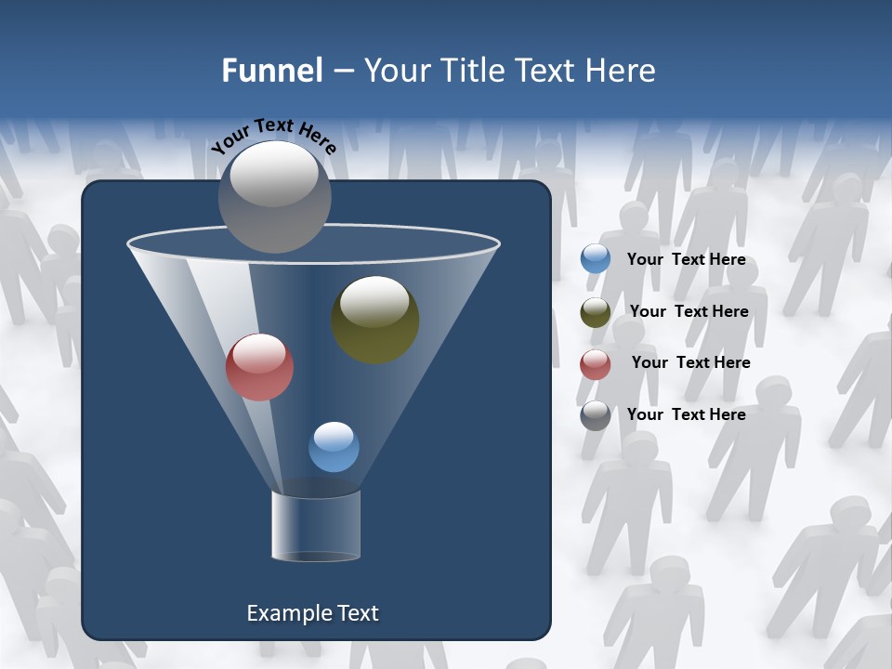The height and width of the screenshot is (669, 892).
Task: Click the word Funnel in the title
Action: click(x=271, y=71)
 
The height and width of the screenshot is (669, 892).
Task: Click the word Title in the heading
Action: click(x=473, y=71)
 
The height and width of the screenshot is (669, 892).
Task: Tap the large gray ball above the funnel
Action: click(x=275, y=196)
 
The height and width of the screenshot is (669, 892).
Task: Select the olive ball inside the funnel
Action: click(x=375, y=320)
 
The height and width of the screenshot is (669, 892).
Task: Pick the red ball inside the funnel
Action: click(x=260, y=367)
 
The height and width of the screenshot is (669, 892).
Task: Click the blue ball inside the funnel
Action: click(x=334, y=447)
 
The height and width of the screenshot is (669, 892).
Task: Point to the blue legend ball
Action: click(x=596, y=259)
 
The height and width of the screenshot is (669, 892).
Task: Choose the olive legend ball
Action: click(x=596, y=312)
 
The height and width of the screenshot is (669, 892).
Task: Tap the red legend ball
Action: click(x=596, y=364)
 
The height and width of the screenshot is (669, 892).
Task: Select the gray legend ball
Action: click(x=596, y=415)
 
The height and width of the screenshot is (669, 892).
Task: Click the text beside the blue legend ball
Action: click(x=686, y=260)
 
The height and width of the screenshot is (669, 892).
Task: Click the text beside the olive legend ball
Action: click(x=689, y=311)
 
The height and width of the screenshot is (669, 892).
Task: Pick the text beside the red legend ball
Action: click(x=690, y=362)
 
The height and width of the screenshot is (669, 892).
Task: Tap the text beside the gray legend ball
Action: click(x=686, y=414)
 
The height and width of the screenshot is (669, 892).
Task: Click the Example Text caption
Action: click(x=312, y=613)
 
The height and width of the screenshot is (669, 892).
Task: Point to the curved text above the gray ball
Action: click(x=273, y=136)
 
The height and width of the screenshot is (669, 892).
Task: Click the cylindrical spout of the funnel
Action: click(x=316, y=526)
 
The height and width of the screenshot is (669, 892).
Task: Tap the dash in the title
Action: click(x=342, y=71)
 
